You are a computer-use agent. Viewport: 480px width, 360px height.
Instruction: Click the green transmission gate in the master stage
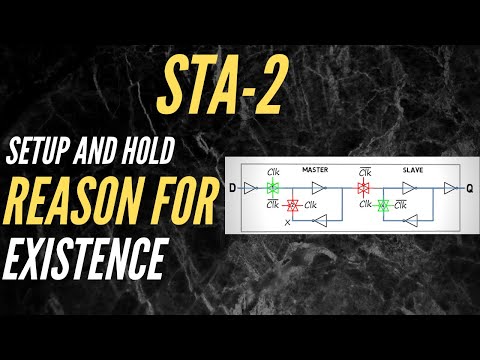pyautogui.click(x=271, y=187)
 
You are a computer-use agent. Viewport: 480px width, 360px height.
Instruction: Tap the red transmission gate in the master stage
pyautogui.click(x=292, y=206)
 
